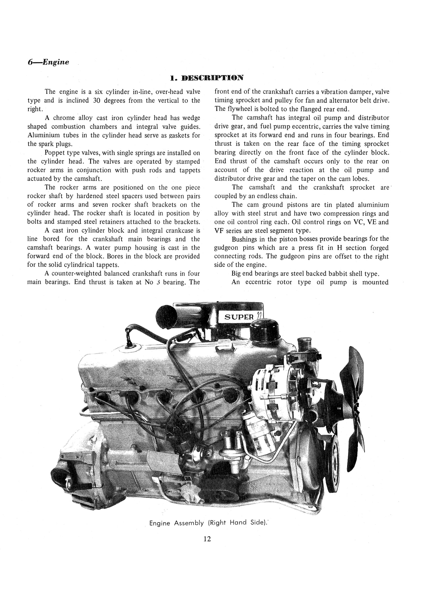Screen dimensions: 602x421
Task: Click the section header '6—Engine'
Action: (48, 62)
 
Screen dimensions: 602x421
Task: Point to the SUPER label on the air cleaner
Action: (239, 317)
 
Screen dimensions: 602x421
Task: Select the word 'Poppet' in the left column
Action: (52, 153)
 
